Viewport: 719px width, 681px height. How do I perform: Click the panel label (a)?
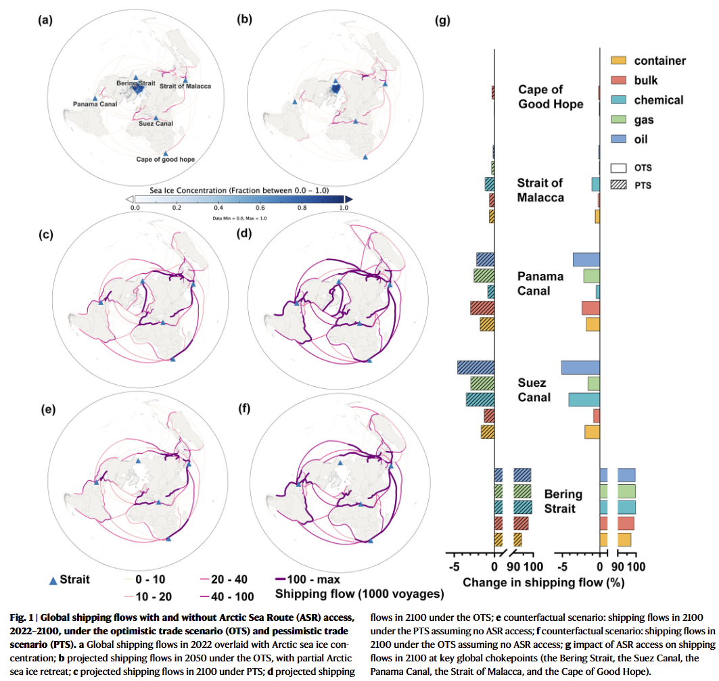45,20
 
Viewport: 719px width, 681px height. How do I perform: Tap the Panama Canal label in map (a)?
95,104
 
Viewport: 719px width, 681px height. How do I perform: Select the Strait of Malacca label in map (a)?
185,87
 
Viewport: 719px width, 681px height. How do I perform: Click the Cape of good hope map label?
165,160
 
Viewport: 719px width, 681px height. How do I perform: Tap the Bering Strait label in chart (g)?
563,501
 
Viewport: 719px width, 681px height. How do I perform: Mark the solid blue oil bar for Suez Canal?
580,367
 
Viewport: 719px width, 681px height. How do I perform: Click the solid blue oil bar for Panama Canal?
586,260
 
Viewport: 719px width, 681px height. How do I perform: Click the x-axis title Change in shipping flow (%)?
543,582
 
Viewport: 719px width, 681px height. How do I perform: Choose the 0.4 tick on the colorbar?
218,208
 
